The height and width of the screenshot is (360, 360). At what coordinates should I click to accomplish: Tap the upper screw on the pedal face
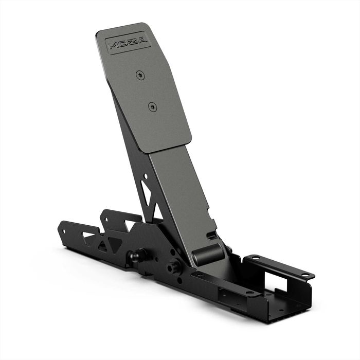point(140,75)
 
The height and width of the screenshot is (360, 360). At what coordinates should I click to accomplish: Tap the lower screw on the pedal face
point(152,106)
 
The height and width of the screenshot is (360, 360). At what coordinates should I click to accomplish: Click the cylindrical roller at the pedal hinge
point(208,255)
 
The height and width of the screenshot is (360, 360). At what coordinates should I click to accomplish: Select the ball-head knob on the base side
point(135,255)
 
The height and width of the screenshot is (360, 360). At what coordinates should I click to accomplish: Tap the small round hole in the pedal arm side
point(145,176)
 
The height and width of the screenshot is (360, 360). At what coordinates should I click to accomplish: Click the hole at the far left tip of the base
point(63,231)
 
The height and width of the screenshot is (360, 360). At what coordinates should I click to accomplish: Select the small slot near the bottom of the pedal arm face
point(211,236)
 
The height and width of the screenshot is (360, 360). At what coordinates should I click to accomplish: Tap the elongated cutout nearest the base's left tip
point(87,235)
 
